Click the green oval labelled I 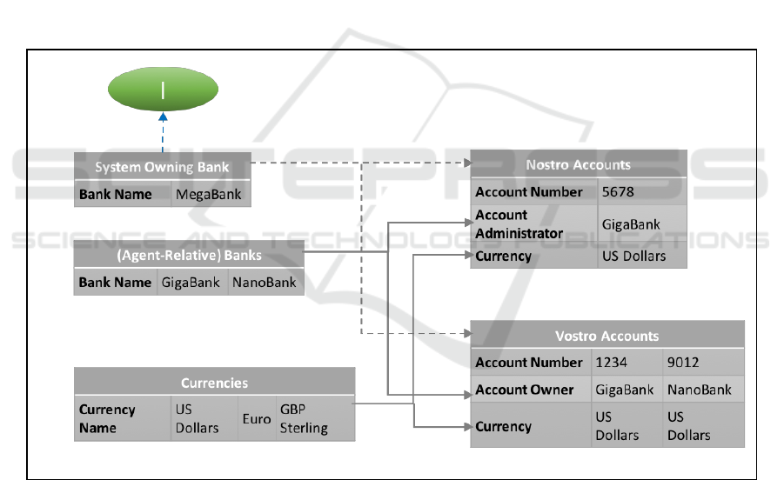click(163, 90)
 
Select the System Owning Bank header click(163, 167)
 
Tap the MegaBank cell click(212, 194)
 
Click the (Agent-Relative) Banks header click(189, 255)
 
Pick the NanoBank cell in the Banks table click(265, 283)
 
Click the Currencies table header click(214, 383)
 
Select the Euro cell click(257, 418)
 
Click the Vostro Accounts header click(606, 336)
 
